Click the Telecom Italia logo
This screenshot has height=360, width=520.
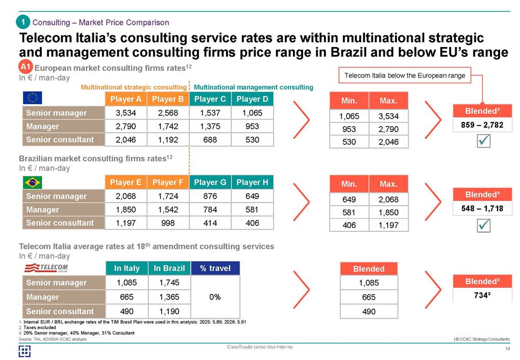[x=46, y=268]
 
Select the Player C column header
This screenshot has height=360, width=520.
[x=210, y=99]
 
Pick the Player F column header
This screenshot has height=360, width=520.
[x=167, y=182]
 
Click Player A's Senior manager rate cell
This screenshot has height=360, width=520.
[x=125, y=113]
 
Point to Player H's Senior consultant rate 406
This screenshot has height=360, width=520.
[x=252, y=223]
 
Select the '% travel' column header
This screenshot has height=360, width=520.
[x=215, y=268]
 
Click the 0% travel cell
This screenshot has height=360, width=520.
[x=215, y=297]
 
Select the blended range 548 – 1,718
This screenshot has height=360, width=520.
[x=482, y=209]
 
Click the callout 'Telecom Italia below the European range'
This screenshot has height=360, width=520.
[x=405, y=75]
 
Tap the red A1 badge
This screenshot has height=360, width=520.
[x=26, y=67]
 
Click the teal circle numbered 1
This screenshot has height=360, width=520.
[x=22, y=22]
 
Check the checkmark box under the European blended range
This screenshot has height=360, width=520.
[x=482, y=142]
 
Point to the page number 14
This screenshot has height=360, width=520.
[x=507, y=348]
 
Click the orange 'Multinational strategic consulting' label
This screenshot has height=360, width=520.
[x=134, y=87]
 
